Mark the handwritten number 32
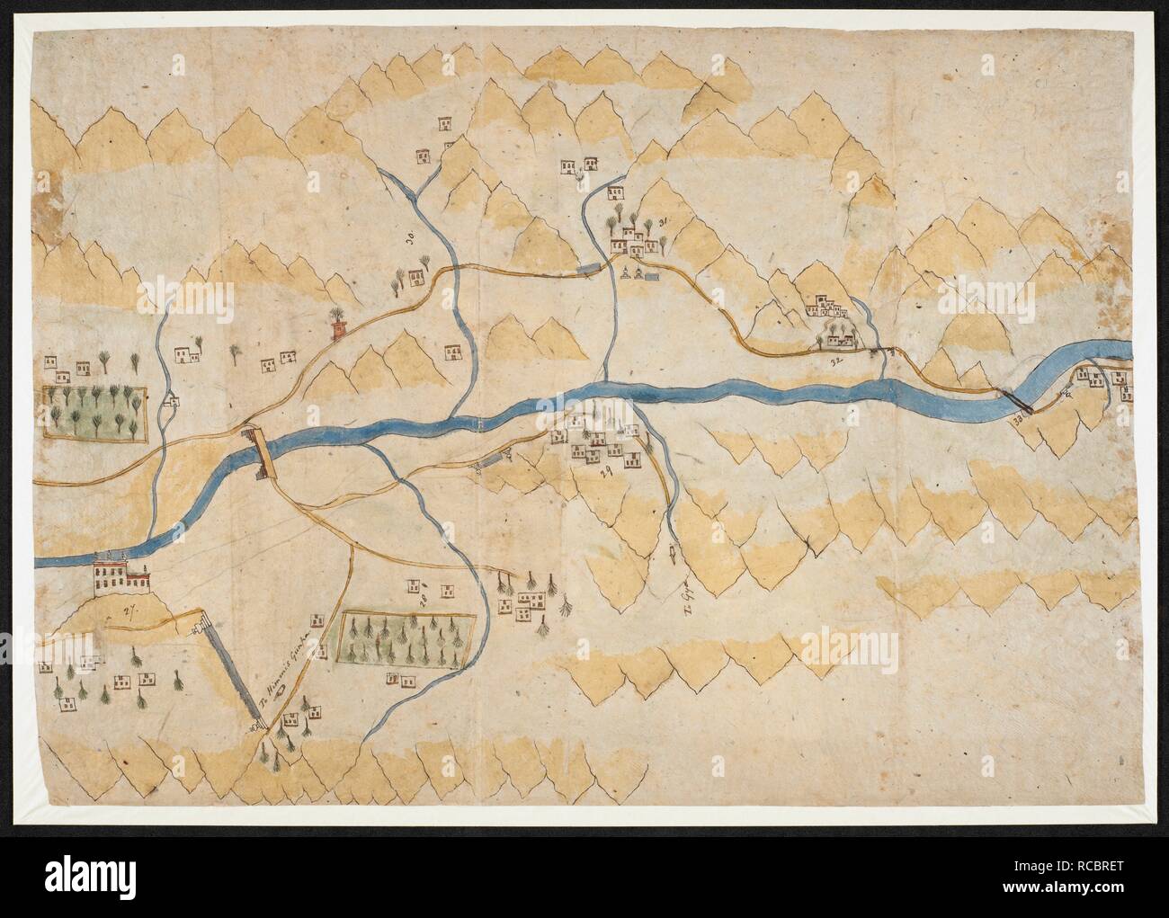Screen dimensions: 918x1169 pos(835,361)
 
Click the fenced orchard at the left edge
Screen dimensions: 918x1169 pos(93,414)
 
